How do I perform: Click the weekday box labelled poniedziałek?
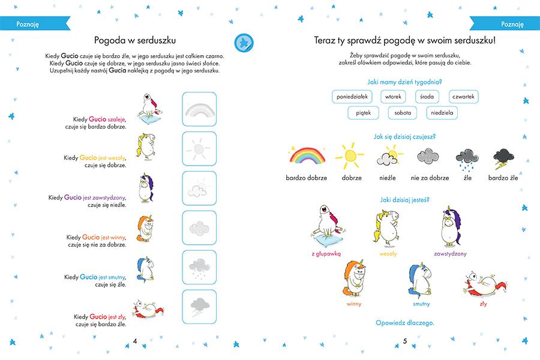[x=352, y=97]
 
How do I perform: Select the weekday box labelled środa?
[x=427, y=97]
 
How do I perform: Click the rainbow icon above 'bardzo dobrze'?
[x=306, y=157]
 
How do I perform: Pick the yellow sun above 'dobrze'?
[x=350, y=157]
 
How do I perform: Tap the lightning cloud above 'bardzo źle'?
[x=502, y=158]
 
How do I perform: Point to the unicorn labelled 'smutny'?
[x=421, y=280]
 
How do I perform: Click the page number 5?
[x=405, y=341]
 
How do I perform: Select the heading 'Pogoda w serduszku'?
[x=134, y=40]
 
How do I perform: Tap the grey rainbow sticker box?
[x=199, y=109]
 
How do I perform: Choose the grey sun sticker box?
[x=199, y=148]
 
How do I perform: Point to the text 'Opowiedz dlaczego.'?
[x=404, y=322]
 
